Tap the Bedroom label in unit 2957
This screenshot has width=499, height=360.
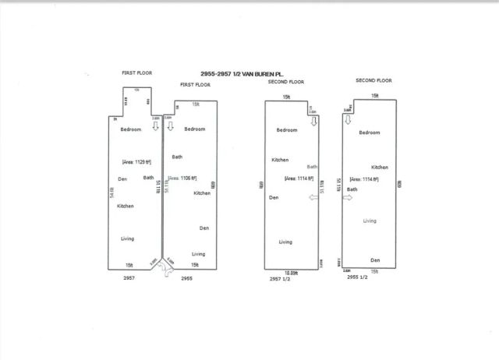pos(131,129)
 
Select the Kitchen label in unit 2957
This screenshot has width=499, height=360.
pos(126,206)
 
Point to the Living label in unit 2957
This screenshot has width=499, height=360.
pos(127,238)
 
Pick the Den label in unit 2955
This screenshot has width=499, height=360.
pos(204,228)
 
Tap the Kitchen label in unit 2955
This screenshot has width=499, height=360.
pos(202,192)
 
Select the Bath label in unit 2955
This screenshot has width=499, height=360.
pos(177,157)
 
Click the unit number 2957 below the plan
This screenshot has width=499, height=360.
pos(129,277)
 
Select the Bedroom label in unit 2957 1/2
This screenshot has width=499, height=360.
pos(288,131)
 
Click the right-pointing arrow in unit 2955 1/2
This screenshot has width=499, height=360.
pos(347,198)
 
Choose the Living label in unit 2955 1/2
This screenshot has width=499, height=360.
pos(370,221)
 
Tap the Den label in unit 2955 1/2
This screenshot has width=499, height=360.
pos(375,259)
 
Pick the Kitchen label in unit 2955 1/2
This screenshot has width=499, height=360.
pos(380,167)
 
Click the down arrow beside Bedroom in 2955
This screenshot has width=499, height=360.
pos(171,127)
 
